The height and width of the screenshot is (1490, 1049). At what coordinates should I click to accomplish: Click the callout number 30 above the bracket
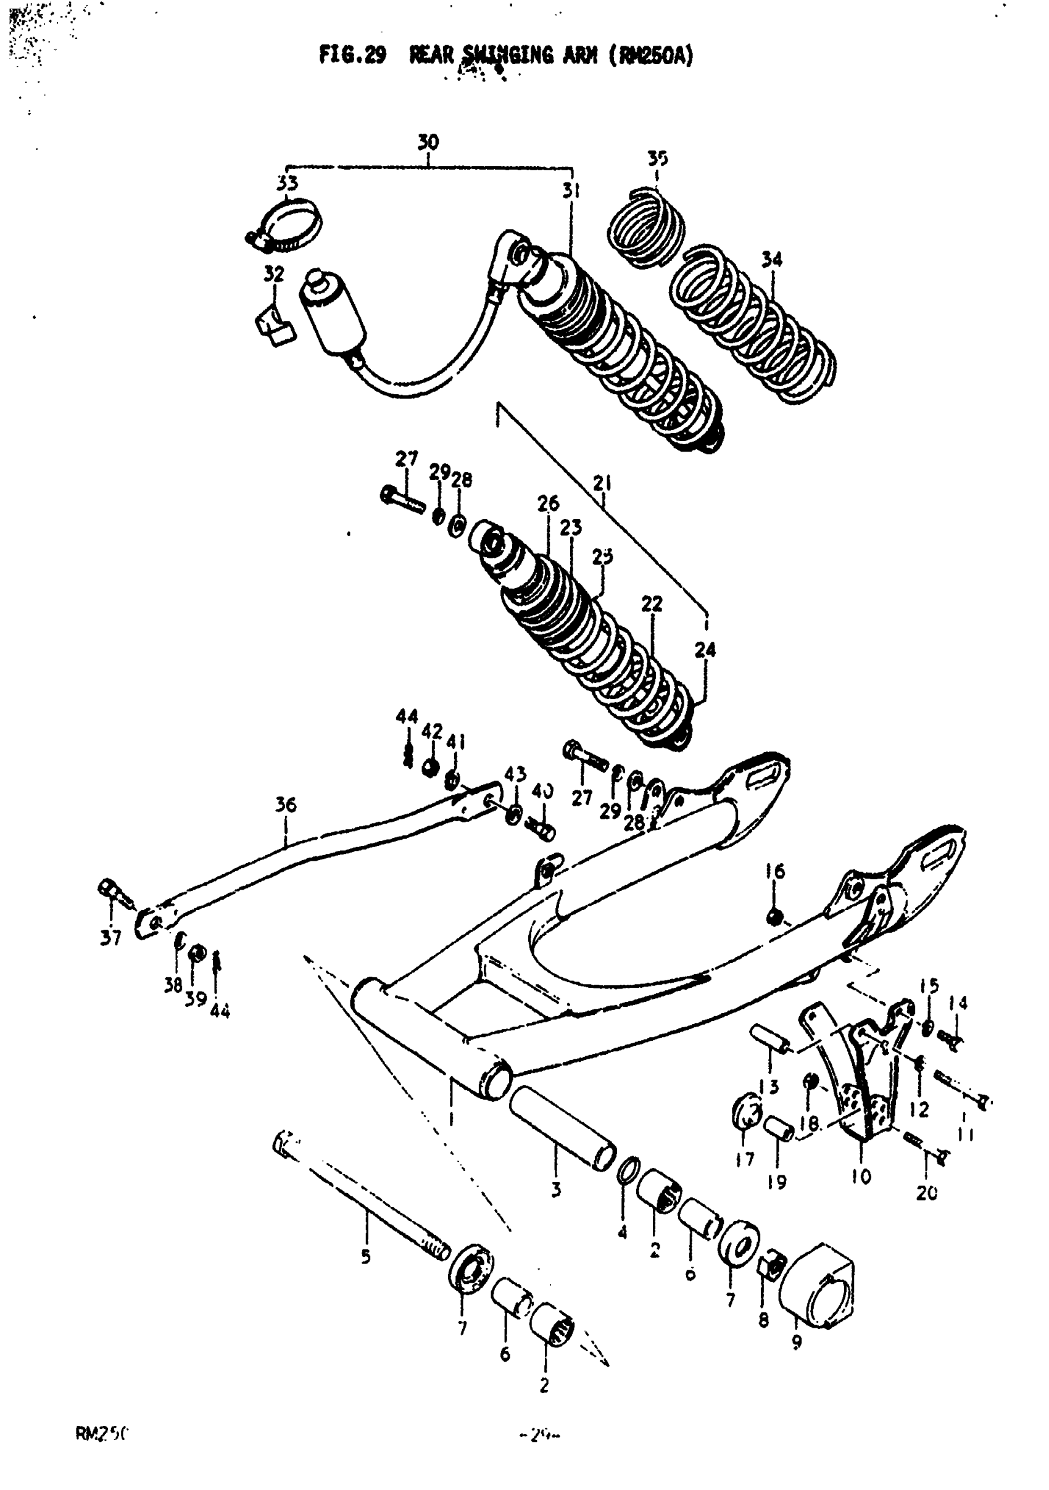coord(428,142)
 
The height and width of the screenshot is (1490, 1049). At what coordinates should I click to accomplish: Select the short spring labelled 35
coord(647,226)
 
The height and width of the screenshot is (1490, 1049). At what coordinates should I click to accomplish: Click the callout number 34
coord(771,260)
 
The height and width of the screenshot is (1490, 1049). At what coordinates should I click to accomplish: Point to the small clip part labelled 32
coord(272,326)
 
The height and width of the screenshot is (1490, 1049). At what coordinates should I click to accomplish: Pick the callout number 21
coord(602,484)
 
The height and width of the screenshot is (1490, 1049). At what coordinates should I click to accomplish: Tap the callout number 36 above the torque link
coord(286,805)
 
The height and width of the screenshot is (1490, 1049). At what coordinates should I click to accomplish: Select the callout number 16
coord(774,871)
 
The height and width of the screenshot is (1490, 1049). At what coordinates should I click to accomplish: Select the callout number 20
coord(926,1193)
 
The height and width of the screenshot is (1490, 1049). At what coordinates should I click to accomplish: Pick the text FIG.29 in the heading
coord(352,56)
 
